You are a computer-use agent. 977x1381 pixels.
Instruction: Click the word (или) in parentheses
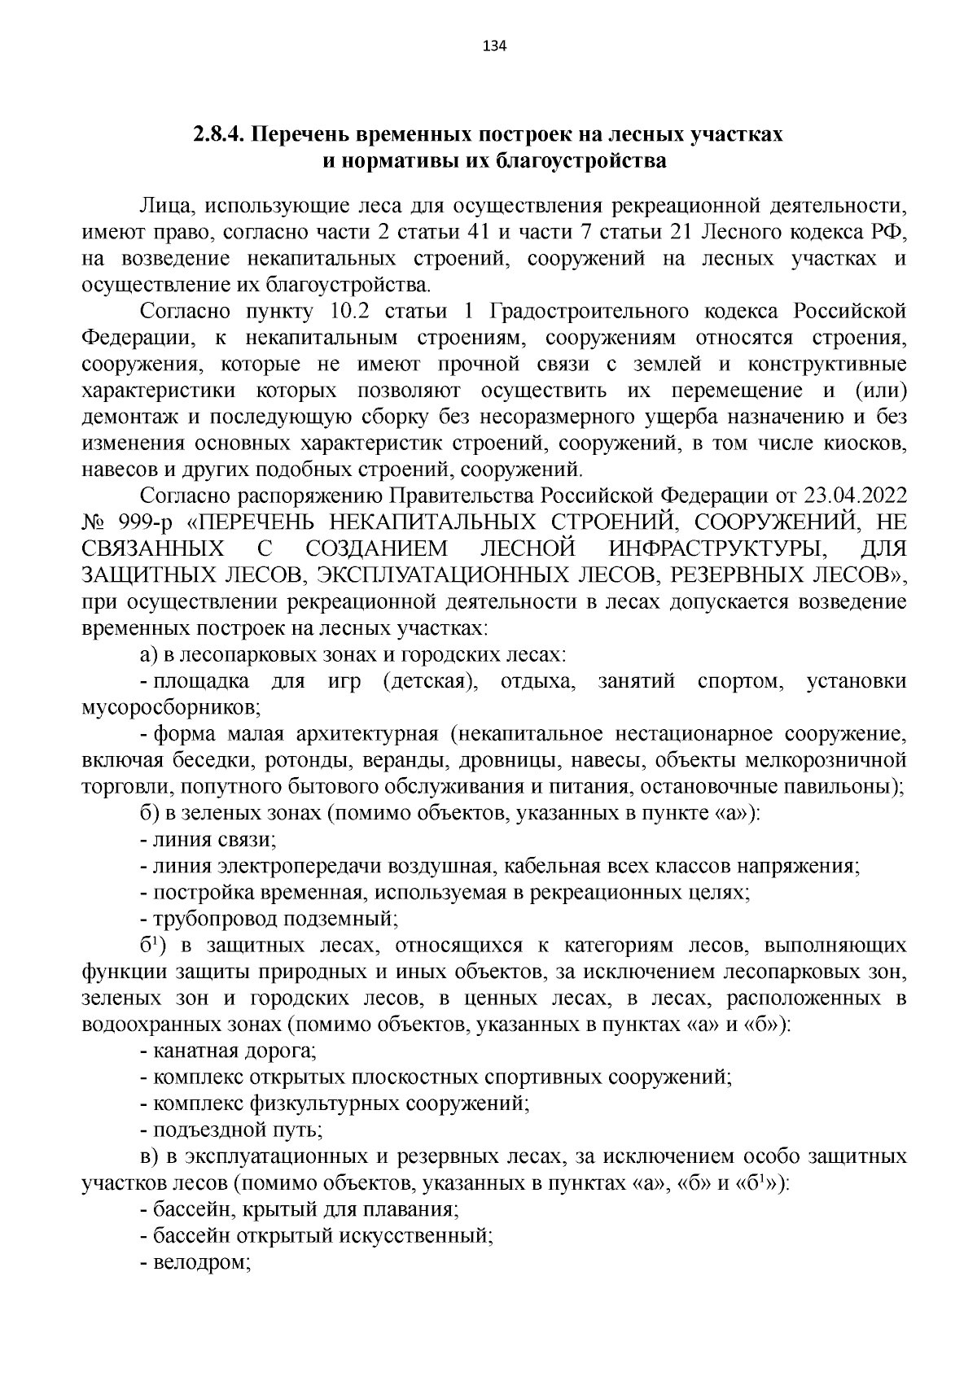coord(879,391)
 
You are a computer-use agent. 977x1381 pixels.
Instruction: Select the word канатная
coord(190,1051)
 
